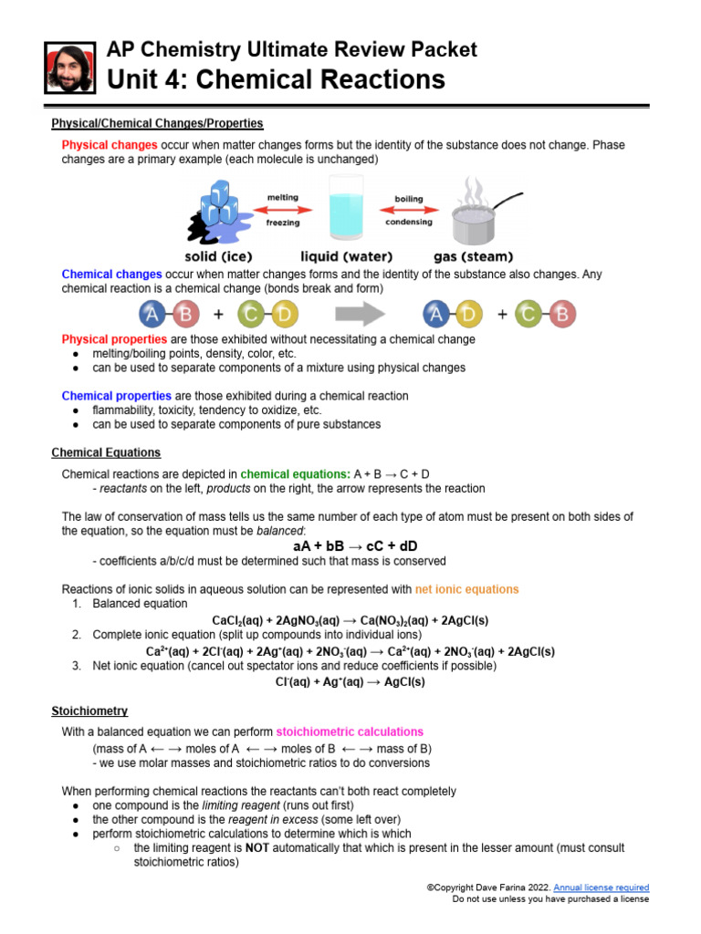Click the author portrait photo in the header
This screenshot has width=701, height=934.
(69, 68)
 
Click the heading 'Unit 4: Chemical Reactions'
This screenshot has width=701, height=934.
(277, 79)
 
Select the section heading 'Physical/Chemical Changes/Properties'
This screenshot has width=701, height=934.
(157, 122)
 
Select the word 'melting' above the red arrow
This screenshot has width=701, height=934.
(282, 197)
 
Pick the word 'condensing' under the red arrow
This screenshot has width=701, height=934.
(408, 222)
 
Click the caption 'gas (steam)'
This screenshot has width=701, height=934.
(473, 256)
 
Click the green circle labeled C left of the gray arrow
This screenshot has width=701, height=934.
(250, 316)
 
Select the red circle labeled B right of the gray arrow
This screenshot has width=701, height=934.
(560, 316)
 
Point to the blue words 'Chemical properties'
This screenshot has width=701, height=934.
(116, 396)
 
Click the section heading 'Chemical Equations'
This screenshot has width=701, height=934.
(106, 452)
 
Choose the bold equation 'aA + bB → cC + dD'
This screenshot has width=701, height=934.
(350, 545)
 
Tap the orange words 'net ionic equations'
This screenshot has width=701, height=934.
(466, 589)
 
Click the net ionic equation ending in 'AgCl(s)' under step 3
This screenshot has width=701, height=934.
(350, 681)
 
